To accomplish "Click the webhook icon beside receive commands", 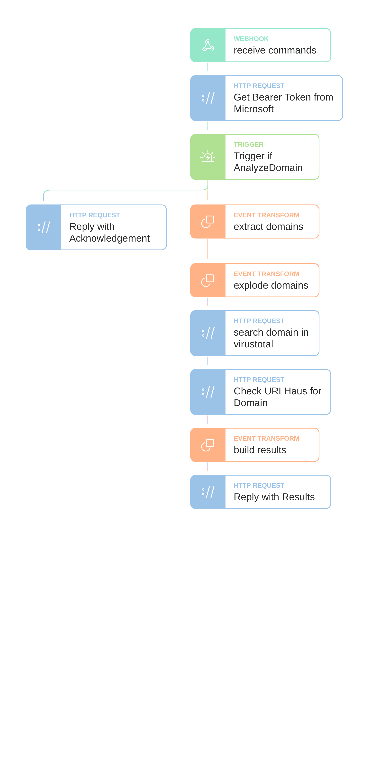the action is pyautogui.click(x=208, y=45).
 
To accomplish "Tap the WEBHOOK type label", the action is pyautogui.click(x=251, y=39).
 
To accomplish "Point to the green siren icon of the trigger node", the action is pyautogui.click(x=208, y=157).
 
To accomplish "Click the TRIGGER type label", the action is pyautogui.click(x=249, y=145).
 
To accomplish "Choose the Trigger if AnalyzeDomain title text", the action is pyautogui.click(x=268, y=162).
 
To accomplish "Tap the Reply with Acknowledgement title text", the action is pyautogui.click(x=109, y=232).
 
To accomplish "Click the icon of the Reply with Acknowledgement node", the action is pyautogui.click(x=43, y=227).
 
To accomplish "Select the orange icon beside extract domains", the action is pyautogui.click(x=208, y=222).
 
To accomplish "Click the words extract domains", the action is pyautogui.click(x=268, y=227).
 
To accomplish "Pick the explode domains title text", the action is pyautogui.click(x=271, y=285).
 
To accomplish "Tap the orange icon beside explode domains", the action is pyautogui.click(x=208, y=280).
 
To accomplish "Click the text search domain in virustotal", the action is pyautogui.click(x=271, y=338).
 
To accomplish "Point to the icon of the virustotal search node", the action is pyautogui.click(x=208, y=333).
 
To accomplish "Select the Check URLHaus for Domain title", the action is pyautogui.click(x=277, y=397).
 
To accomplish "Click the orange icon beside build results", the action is pyautogui.click(x=208, y=445).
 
